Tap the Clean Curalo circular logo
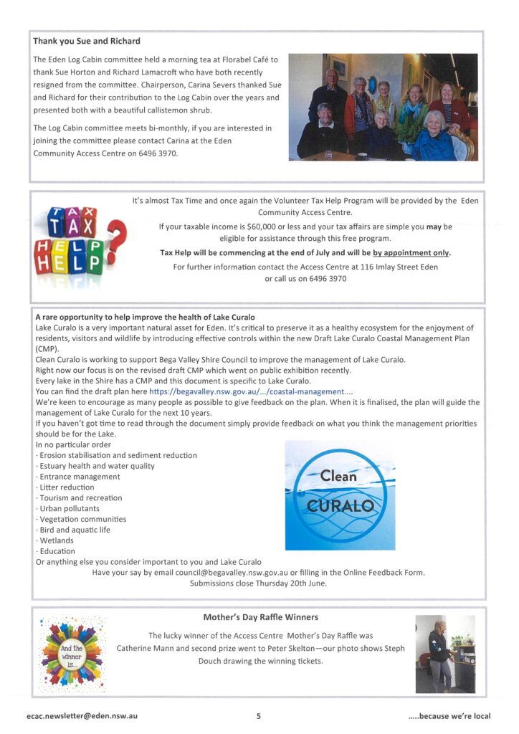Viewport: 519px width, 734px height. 340,495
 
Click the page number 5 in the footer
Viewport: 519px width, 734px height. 259,715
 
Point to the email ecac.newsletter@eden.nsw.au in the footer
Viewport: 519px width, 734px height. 82,715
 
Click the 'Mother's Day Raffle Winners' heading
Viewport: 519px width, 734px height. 260,616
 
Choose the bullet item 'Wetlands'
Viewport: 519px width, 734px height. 57,540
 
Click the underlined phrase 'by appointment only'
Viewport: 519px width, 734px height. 411,253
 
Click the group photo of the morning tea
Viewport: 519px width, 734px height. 383,107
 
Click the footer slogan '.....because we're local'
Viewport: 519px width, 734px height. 449,715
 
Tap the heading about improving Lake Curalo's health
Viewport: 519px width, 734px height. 145,317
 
